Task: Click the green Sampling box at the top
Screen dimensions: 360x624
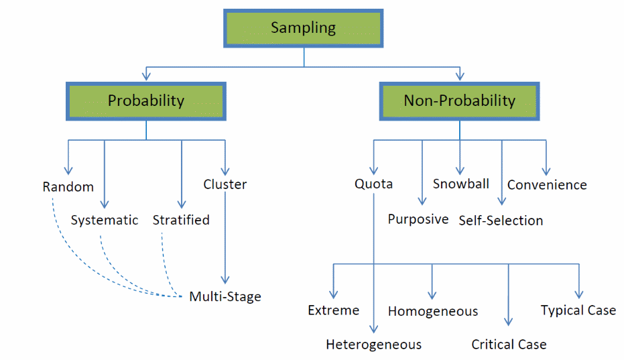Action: (304, 28)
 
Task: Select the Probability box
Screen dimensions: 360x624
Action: (146, 101)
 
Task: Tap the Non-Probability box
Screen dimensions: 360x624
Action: (459, 101)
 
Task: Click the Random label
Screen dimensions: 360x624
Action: (68, 186)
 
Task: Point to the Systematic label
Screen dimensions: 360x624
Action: (105, 220)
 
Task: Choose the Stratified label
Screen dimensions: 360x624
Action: (181, 220)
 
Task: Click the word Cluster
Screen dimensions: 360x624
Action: (225, 184)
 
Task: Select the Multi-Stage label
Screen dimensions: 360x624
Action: (225, 296)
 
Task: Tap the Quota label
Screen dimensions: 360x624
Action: (374, 184)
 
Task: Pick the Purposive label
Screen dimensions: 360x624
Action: (418, 219)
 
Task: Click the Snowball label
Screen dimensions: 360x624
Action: (461, 184)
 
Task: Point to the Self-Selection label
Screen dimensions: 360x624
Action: (501, 221)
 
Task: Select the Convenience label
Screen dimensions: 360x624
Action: (547, 185)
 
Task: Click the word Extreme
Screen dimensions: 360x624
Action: (334, 310)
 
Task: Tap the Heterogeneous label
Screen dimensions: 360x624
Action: (374, 345)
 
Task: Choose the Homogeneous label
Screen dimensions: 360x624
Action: (433, 311)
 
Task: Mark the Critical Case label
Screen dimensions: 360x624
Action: (509, 345)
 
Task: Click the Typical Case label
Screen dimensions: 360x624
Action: (578, 310)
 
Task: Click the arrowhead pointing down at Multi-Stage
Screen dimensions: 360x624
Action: (226, 281)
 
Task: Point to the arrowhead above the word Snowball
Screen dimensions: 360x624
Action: (460, 170)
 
